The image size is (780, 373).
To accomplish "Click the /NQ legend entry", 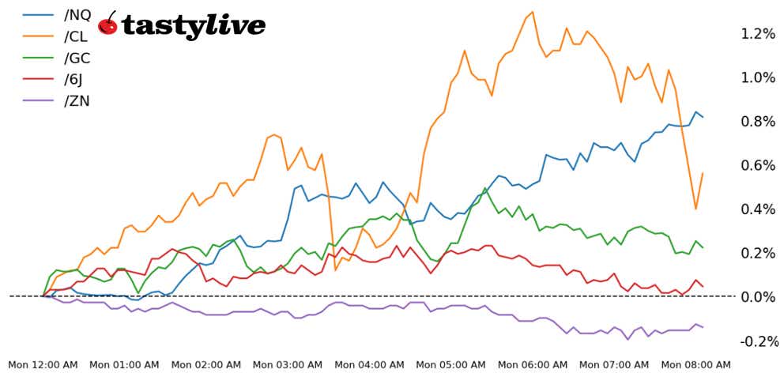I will (x=77, y=13).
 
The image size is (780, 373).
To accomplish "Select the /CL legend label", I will (x=77, y=36).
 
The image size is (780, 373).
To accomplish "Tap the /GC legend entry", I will (x=77, y=57).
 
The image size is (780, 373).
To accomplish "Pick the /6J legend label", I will (x=76, y=78).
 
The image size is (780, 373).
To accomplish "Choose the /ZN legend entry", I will (x=77, y=100).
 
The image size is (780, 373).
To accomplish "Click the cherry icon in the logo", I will (x=108, y=24).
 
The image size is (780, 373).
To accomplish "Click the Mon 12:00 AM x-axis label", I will (x=42, y=364).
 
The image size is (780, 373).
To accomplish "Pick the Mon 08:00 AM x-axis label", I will (x=695, y=364).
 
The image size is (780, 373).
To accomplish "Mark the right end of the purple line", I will (x=703, y=327).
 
